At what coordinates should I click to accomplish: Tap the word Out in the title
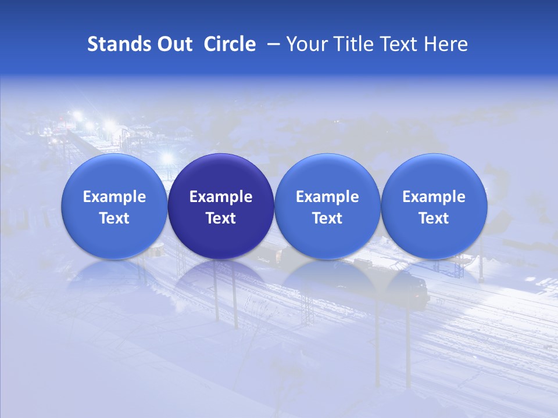pos(171,44)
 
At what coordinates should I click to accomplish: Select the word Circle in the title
pos(230,44)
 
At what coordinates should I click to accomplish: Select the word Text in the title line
pos(398,44)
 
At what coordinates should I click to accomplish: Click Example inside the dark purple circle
pos(221,197)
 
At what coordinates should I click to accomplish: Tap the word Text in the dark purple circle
pos(221,218)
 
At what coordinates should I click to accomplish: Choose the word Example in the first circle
pos(115,197)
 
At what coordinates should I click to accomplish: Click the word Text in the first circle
pos(115,218)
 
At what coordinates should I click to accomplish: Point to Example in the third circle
pos(327,197)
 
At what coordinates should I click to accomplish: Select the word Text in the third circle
pos(327,218)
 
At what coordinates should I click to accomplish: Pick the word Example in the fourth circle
pos(434,197)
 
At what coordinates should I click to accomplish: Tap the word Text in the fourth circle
pos(434,218)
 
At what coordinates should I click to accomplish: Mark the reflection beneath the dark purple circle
pos(221,282)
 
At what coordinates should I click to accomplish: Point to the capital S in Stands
pos(92,44)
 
